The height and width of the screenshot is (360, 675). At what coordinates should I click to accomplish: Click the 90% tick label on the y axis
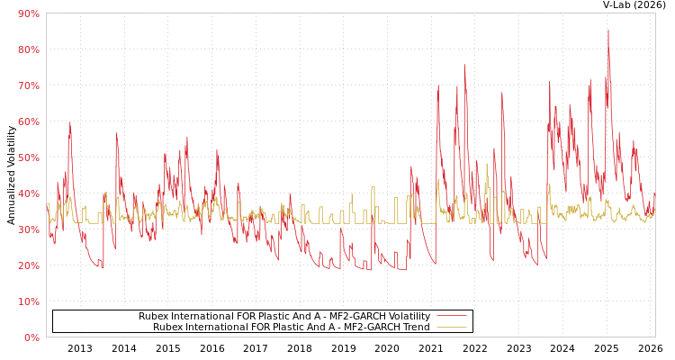[28, 13]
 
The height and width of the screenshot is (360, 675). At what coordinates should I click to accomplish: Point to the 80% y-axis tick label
[28, 49]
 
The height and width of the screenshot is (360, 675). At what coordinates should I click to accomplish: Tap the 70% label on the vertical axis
[28, 85]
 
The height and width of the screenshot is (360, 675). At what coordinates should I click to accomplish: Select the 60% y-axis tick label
[28, 121]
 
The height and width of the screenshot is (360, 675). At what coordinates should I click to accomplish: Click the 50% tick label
[28, 157]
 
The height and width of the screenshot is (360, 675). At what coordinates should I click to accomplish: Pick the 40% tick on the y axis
[28, 193]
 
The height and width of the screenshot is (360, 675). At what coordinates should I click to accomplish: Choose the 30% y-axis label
[28, 229]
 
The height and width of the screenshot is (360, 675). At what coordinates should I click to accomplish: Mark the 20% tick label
[28, 265]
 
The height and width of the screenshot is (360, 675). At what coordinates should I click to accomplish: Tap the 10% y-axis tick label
[28, 301]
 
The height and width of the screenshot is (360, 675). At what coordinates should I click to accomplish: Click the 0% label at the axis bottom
[31, 337]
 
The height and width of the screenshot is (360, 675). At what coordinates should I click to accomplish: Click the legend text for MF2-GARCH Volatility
[283, 317]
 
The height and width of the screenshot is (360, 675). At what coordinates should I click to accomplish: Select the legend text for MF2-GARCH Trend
[291, 328]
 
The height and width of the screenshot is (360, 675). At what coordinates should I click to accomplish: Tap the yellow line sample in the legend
[451, 328]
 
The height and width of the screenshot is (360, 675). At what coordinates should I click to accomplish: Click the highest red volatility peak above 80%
[607, 31]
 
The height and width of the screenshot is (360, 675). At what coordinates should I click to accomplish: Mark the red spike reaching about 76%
[464, 65]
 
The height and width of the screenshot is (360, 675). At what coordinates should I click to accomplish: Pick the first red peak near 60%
[69, 123]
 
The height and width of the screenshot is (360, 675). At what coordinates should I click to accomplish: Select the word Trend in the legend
[415, 328]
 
